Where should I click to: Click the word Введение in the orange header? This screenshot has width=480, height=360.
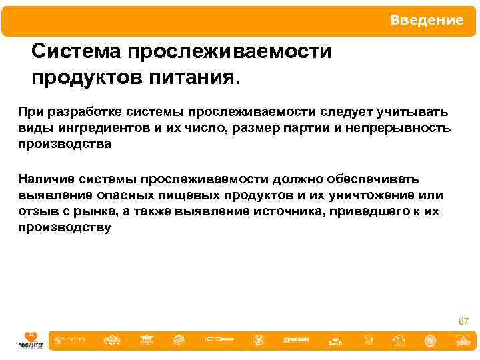click(x=427, y=21)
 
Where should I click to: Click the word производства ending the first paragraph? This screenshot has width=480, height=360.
click(x=64, y=144)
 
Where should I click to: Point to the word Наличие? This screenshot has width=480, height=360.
click(x=45, y=179)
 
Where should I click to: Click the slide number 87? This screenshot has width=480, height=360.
click(x=463, y=321)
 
